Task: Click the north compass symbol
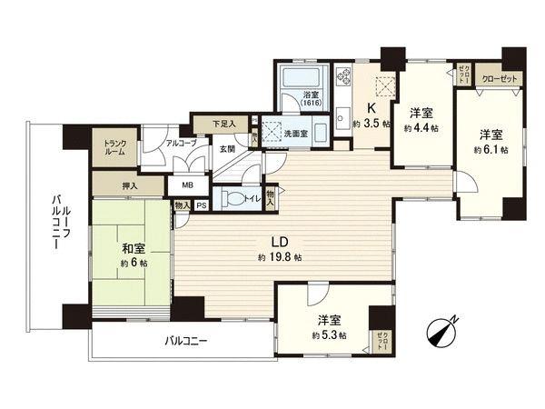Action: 444,332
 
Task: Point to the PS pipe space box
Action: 201,206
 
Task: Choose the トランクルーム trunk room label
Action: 115,148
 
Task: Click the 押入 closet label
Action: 131,187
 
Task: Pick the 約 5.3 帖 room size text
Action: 328,336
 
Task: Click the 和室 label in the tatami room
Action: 127,246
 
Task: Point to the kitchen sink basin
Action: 342,115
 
